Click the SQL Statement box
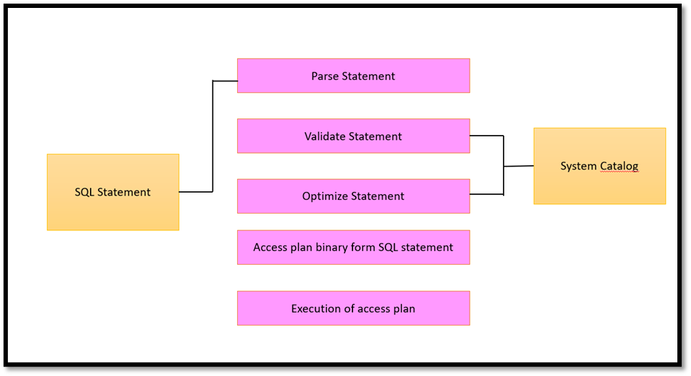click(112, 192)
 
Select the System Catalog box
click(599, 166)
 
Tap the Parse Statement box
click(353, 76)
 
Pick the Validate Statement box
click(353, 136)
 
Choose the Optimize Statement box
click(353, 196)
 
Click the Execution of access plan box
click(353, 308)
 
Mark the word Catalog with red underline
click(620, 167)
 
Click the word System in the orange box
click(579, 167)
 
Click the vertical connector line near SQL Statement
click(213, 137)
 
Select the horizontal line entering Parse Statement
click(225, 81)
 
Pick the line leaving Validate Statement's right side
click(486, 135)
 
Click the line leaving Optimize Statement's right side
click(486, 194)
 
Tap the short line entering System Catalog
click(519, 166)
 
